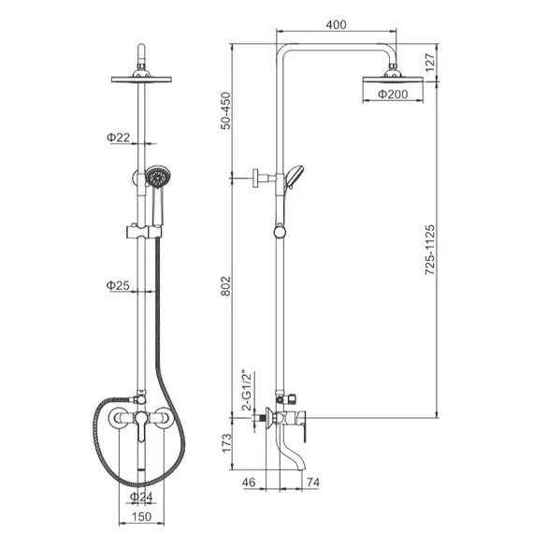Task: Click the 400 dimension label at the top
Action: coord(337,24)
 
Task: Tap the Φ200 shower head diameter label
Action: coord(393,94)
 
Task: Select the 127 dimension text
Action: coord(430,63)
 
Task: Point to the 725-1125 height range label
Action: coord(430,250)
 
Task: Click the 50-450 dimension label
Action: coord(225,111)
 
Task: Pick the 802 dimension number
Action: coord(225,286)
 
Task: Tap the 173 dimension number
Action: coord(226,443)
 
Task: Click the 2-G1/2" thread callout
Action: coord(247,390)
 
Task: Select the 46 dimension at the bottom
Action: coord(249,482)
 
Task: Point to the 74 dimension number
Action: coord(313,482)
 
